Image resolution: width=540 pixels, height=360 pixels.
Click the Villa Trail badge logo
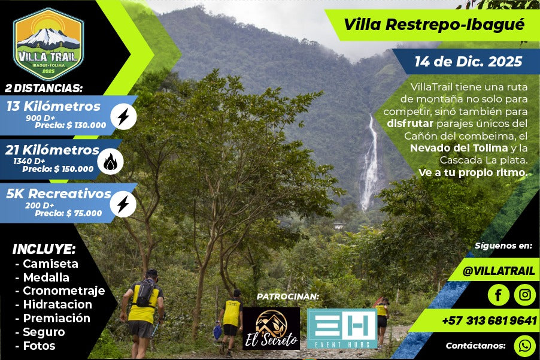point(48,44)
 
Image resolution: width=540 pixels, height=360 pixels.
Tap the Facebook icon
point(498,295)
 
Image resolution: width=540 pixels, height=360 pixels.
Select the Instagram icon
point(525,295)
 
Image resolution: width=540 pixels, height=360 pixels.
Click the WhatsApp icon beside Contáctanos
point(525,346)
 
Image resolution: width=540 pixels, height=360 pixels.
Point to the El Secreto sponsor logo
point(271,329)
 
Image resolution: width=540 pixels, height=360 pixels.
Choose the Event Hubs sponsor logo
point(342,329)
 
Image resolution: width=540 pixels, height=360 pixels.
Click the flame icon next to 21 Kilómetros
point(110,162)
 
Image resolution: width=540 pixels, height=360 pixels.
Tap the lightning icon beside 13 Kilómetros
point(124,117)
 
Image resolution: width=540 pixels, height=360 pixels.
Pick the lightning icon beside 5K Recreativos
point(123,205)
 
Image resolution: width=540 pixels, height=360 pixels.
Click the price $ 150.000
point(74,169)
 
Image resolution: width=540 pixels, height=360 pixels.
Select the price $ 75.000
point(84,213)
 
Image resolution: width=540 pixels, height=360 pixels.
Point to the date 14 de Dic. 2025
point(468,62)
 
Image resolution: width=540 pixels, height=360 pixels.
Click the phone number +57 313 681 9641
point(489,320)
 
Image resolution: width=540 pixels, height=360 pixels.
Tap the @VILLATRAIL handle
point(498,271)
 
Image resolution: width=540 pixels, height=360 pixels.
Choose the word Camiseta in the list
point(51,264)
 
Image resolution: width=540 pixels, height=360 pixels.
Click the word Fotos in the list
point(40,346)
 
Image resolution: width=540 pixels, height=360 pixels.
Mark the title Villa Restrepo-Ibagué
point(434,25)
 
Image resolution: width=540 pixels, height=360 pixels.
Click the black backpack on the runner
point(145,293)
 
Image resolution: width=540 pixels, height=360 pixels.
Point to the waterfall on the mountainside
point(369,164)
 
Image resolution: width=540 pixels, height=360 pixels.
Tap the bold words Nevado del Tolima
point(459,148)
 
